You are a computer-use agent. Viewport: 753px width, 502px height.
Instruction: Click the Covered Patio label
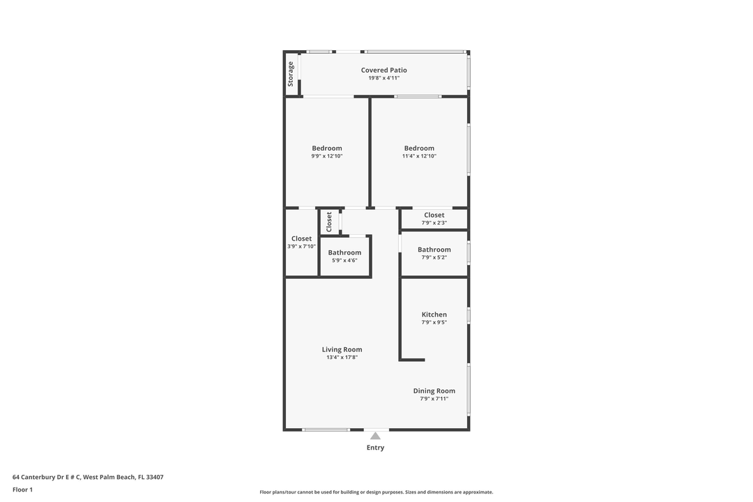pos(383,70)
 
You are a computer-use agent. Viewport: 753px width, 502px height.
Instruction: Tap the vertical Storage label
pos(291,74)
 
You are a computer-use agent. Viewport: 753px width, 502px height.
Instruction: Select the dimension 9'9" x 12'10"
pos(327,156)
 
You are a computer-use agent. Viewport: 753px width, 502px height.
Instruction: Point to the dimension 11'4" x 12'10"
pos(419,156)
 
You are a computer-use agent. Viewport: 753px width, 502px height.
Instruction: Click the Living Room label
pos(342,349)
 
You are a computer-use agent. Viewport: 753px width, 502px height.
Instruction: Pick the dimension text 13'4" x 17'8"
pos(342,358)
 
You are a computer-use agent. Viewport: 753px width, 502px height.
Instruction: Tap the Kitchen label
pos(434,314)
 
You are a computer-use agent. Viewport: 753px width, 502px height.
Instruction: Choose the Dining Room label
pos(434,391)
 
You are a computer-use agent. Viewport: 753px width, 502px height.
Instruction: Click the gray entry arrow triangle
pos(375,436)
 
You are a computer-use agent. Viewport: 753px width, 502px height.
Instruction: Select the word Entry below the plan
pos(375,448)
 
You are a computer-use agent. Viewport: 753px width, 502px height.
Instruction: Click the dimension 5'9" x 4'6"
pos(344,260)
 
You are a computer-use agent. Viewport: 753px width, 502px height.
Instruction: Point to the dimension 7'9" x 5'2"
pos(434,257)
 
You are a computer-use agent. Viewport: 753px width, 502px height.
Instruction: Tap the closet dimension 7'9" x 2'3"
pos(434,223)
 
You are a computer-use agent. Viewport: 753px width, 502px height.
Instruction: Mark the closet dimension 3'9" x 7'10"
pos(301,246)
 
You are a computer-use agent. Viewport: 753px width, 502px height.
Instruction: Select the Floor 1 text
pos(22,489)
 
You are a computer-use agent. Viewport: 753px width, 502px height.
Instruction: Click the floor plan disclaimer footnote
pos(376,492)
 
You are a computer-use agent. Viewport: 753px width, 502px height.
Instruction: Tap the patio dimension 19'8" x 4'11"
pos(383,78)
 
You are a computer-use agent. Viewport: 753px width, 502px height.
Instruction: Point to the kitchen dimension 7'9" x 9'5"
pos(434,322)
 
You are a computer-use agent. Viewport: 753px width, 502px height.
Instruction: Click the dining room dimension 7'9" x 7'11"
pos(434,399)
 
